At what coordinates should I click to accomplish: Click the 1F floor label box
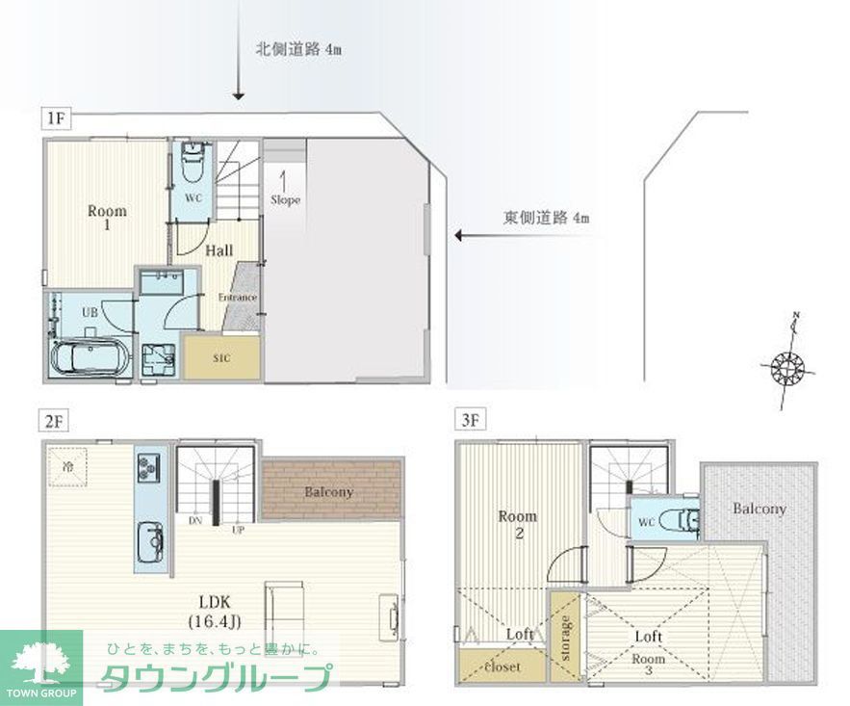(x=54, y=120)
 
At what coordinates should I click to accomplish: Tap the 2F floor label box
(x=54, y=421)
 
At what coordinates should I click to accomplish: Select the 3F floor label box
(x=470, y=421)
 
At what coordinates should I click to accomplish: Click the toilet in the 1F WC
(x=193, y=161)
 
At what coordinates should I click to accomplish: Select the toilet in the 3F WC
(x=687, y=520)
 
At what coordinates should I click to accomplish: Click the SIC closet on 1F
(x=221, y=356)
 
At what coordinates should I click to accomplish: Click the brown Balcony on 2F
(x=331, y=490)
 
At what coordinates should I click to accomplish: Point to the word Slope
(x=286, y=200)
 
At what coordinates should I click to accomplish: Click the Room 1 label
(x=107, y=218)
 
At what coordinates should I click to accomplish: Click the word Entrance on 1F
(x=237, y=297)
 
